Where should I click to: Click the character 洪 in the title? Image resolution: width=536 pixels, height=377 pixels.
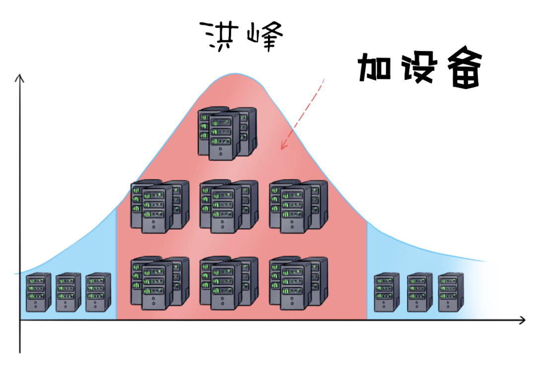pos(219,36)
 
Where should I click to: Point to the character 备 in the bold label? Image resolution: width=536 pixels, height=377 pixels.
pos(465,70)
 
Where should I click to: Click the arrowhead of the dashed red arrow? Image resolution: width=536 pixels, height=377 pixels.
pos(283,146)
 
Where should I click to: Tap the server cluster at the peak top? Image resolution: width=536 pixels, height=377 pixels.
pos(228,133)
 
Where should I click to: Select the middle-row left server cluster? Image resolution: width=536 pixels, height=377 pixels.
pos(159,206)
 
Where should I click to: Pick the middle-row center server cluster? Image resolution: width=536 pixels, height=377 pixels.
pos(229,206)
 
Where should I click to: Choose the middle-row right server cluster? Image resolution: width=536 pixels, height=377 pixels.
pos(298,206)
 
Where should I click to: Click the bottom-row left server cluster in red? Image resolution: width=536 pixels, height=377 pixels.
pos(159,283)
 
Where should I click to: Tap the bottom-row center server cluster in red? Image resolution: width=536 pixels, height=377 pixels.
pos(229,283)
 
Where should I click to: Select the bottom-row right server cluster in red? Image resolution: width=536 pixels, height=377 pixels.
pos(298,283)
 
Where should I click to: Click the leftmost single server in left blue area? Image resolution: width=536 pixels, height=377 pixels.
pos(39,292)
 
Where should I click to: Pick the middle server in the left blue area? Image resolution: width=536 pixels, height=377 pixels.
pos(68,292)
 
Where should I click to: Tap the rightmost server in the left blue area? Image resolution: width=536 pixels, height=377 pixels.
pos(98,292)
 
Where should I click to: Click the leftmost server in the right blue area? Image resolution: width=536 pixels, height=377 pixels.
pos(387,292)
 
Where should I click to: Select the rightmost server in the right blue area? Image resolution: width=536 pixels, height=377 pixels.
pos(451,292)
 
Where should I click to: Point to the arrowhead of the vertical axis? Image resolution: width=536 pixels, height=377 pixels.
pos(20,77)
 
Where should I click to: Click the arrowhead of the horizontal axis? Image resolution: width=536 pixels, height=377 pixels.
pos(522,320)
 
